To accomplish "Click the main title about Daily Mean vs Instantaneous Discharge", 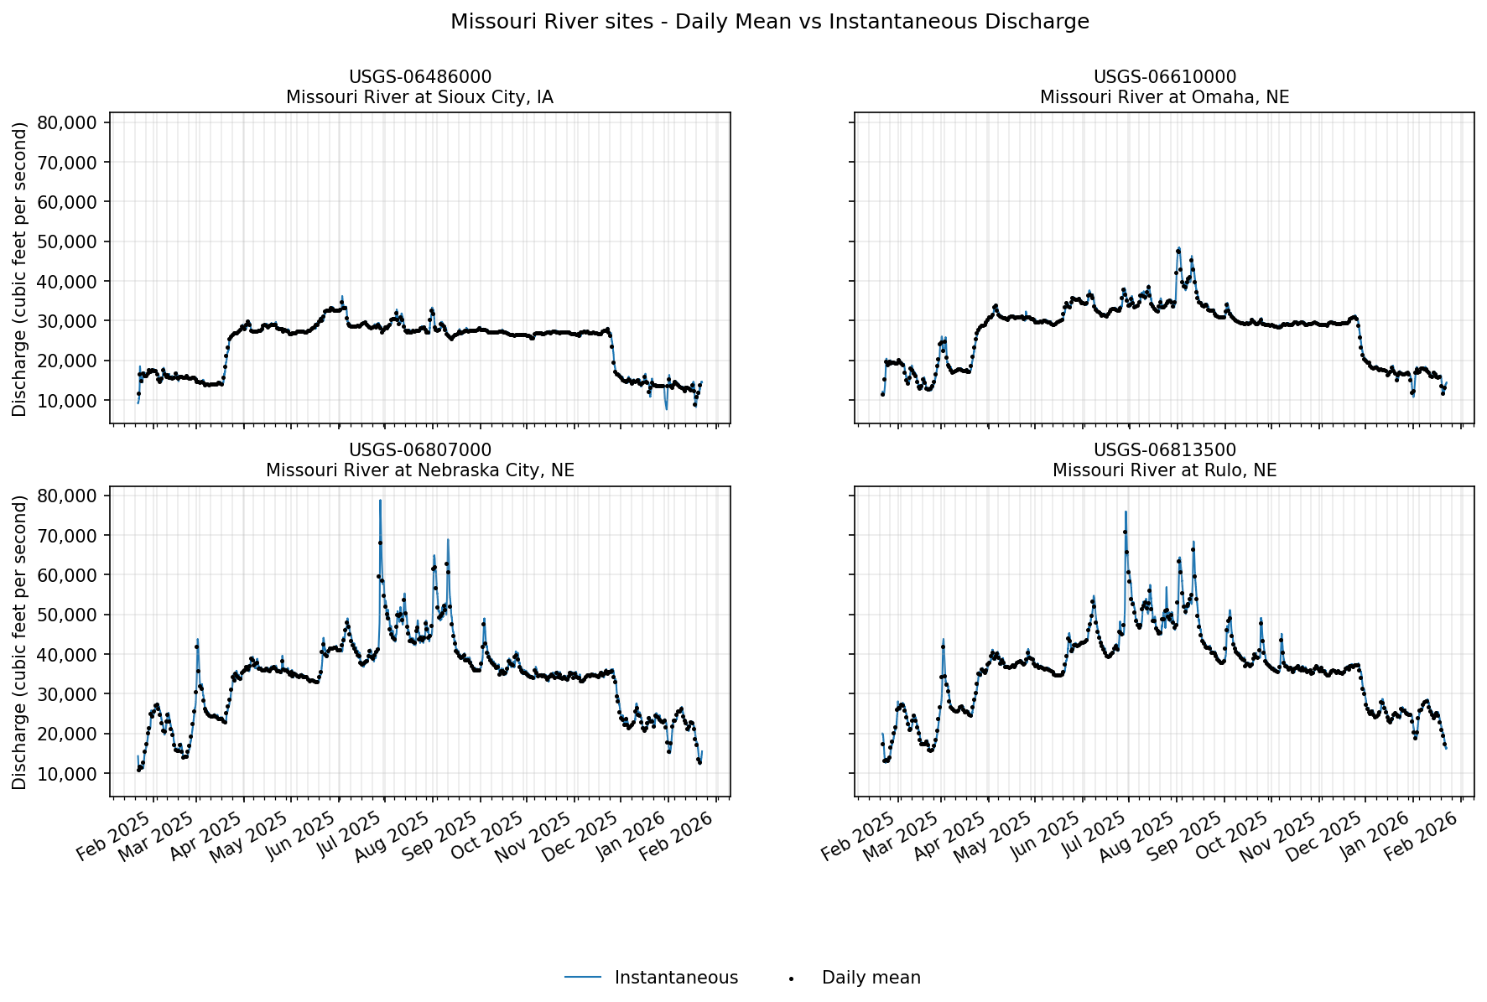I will [769, 22].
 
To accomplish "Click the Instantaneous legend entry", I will [675, 978].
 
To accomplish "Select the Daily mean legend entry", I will [871, 978].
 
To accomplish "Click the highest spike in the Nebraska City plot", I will [380, 501].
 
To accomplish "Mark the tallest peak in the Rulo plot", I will [1126, 512].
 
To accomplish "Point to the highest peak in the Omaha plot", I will [1179, 248].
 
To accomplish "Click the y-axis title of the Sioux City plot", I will [20, 268].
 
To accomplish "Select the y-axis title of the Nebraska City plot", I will [20, 641].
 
